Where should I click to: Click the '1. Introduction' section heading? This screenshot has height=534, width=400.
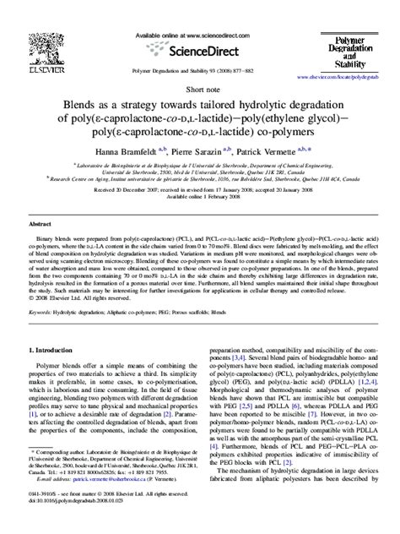click(55, 373)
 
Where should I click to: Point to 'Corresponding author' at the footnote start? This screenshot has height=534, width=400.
click(61, 477)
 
